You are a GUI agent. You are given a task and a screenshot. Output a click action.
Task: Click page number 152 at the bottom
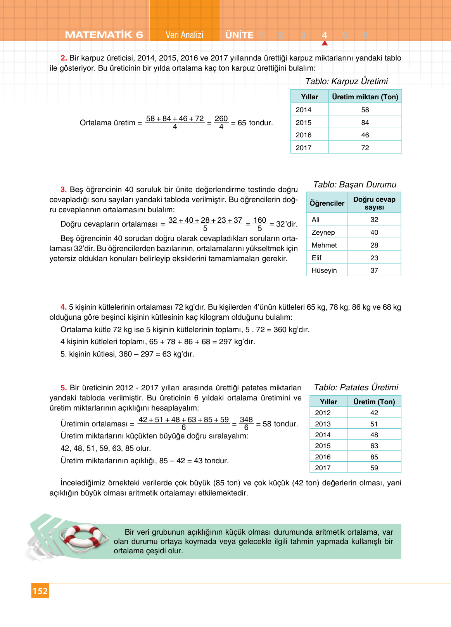coord(40,591)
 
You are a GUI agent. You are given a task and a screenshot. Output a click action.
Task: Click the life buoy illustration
coord(83,537)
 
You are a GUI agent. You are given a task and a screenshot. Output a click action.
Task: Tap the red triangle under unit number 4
coord(325,43)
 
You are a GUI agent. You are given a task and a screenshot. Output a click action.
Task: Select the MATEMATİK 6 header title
coord(104,35)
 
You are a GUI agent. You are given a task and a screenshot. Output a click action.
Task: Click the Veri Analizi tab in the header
coord(184,35)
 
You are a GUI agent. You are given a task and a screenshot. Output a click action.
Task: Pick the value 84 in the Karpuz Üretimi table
coord(365,123)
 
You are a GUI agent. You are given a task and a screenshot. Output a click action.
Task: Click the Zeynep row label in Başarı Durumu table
coord(323,232)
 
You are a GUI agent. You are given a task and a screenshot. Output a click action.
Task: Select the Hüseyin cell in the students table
coord(324,270)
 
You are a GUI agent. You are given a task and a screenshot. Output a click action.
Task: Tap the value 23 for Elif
coord(374,258)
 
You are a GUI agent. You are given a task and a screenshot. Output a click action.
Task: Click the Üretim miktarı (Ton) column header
coord(365,97)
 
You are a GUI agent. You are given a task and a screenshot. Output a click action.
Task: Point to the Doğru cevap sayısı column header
coord(374,203)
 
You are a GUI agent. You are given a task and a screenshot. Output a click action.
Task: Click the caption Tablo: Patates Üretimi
coord(356,387)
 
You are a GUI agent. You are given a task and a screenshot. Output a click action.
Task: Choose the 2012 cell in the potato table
coord(323,413)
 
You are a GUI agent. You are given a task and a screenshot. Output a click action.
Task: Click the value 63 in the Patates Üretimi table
coord(374,446)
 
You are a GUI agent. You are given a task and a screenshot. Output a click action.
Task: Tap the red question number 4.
coord(63,307)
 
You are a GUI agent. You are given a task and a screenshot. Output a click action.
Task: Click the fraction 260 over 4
coord(221,123)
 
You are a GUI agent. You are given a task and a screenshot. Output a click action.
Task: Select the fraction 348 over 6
coord(246,423)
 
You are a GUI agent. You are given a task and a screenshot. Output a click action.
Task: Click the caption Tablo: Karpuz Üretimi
coord(346,81)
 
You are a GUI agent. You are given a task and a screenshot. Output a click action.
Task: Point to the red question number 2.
coord(64,58)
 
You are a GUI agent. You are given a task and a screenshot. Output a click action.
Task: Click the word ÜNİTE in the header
coord(239,35)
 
